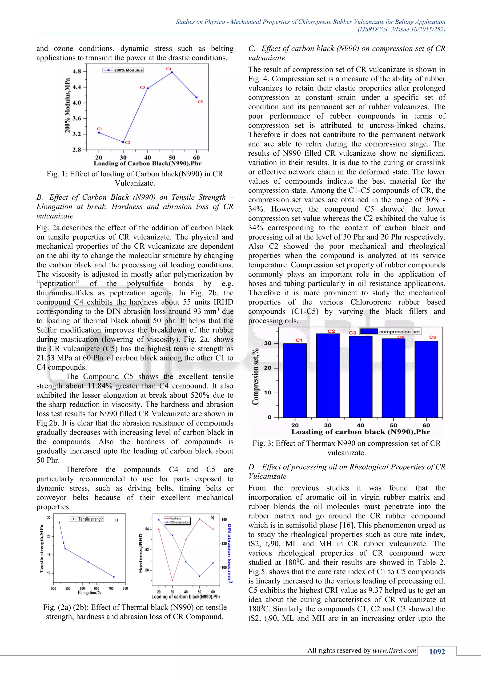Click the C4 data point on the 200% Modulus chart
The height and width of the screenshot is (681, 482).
point(172,72)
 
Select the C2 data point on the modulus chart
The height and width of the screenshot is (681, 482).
point(123,142)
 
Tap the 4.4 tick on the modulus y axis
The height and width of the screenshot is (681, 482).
point(77,87)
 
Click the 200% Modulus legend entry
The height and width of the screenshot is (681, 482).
point(123,70)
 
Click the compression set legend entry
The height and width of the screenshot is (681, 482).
point(390,332)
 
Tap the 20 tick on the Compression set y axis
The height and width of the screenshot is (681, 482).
point(267,368)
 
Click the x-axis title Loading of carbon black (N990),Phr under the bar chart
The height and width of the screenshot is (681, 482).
point(360,432)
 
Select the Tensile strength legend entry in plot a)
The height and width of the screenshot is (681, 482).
point(87,519)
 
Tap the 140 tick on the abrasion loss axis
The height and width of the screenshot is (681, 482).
point(224,520)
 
